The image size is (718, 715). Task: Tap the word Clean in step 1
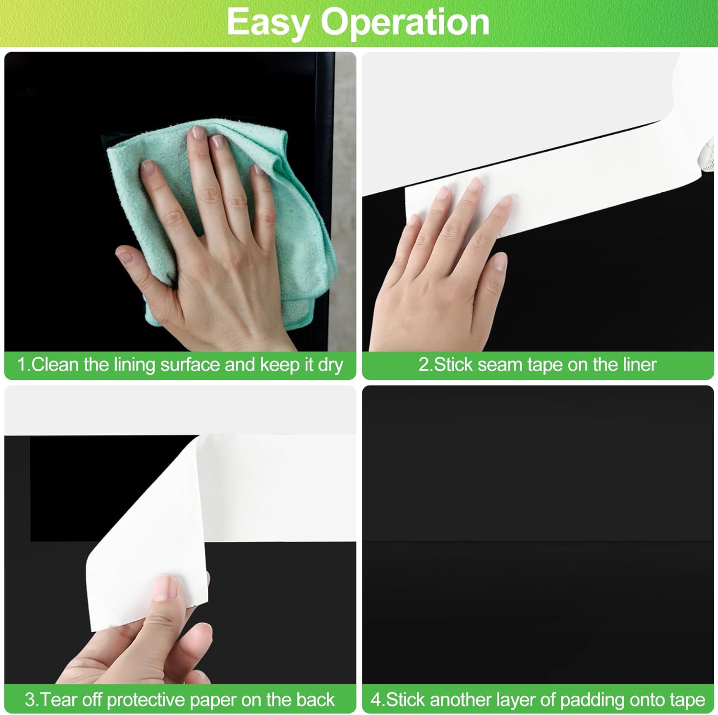click(55, 365)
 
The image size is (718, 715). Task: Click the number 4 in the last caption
click(376, 700)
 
